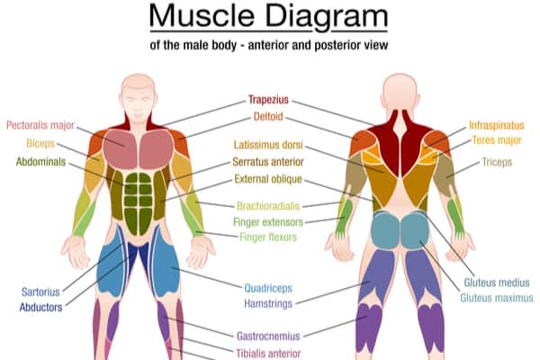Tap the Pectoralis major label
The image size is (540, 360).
click(42, 125)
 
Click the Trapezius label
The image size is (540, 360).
click(271, 101)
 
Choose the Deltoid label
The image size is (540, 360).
click(270, 117)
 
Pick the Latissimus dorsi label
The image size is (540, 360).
click(268, 144)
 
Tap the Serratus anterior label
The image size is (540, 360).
click(268, 162)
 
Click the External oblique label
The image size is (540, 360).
click(268, 179)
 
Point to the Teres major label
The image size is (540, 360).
click(496, 140)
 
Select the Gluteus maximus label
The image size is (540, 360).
click(497, 297)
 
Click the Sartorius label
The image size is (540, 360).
click(41, 291)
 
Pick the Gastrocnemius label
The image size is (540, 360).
click(269, 336)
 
